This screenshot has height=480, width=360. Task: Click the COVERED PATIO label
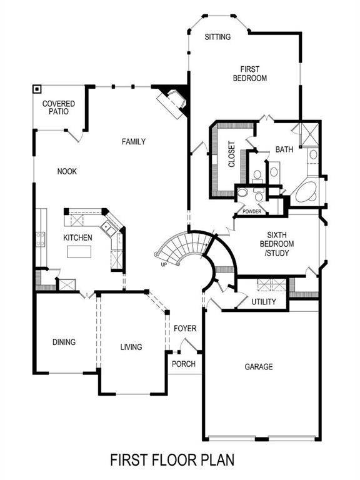pyautogui.click(x=59, y=107)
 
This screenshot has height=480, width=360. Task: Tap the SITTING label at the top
pyautogui.click(x=217, y=37)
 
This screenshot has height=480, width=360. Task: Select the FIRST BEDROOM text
pyautogui.click(x=250, y=74)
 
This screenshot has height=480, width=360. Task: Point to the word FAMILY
pyautogui.click(x=133, y=142)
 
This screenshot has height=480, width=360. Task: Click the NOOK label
pyautogui.click(x=67, y=171)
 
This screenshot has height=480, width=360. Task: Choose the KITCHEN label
pyautogui.click(x=77, y=237)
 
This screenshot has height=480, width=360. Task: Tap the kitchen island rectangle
pyautogui.click(x=81, y=252)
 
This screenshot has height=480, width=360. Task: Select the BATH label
pyautogui.click(x=284, y=149)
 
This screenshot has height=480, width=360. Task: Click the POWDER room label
pyautogui.click(x=248, y=212)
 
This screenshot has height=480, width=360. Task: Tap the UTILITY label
pyautogui.click(x=264, y=302)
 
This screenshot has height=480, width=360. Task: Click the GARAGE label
pyautogui.click(x=258, y=367)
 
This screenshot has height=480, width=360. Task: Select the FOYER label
pyautogui.click(x=185, y=328)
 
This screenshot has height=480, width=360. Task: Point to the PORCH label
pyautogui.click(x=184, y=364)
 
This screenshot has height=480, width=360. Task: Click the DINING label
pyautogui.click(x=64, y=342)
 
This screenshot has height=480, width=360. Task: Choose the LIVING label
pyautogui.click(x=131, y=347)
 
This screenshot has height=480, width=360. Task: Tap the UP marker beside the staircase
pyautogui.click(x=164, y=264)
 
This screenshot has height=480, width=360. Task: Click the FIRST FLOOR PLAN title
pyautogui.click(x=172, y=461)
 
